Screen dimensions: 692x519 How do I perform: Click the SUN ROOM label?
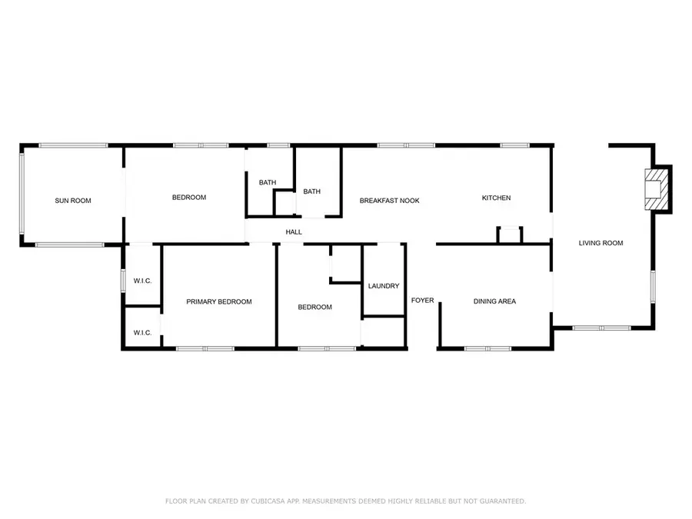coord(73,201)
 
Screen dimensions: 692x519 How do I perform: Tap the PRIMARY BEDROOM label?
coord(219,301)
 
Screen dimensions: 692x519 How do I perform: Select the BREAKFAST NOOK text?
coord(389,201)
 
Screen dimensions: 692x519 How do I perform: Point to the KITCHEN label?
coord(496,198)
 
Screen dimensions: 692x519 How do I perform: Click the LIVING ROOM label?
coord(601,243)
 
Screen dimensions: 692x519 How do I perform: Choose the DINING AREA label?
coord(494,301)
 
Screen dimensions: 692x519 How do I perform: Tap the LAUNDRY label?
coord(384,285)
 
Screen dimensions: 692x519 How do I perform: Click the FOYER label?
coord(422,300)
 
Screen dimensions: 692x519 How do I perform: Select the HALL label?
coord(294,231)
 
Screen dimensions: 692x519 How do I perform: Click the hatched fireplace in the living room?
coord(657,189)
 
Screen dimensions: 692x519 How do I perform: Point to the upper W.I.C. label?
coord(142,281)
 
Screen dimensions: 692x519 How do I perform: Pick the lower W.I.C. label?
coord(142,333)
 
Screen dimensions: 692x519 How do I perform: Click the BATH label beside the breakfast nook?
coord(311,191)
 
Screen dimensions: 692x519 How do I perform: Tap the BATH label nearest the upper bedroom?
coord(268,182)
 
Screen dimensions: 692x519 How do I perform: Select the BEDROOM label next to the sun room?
coord(189,198)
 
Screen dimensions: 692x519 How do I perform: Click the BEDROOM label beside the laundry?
coord(314,307)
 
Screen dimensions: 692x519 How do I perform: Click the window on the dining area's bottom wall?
coord(487,348)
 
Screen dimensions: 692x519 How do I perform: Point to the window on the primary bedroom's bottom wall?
coord(205,348)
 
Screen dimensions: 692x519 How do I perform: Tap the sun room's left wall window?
coord(22,193)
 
